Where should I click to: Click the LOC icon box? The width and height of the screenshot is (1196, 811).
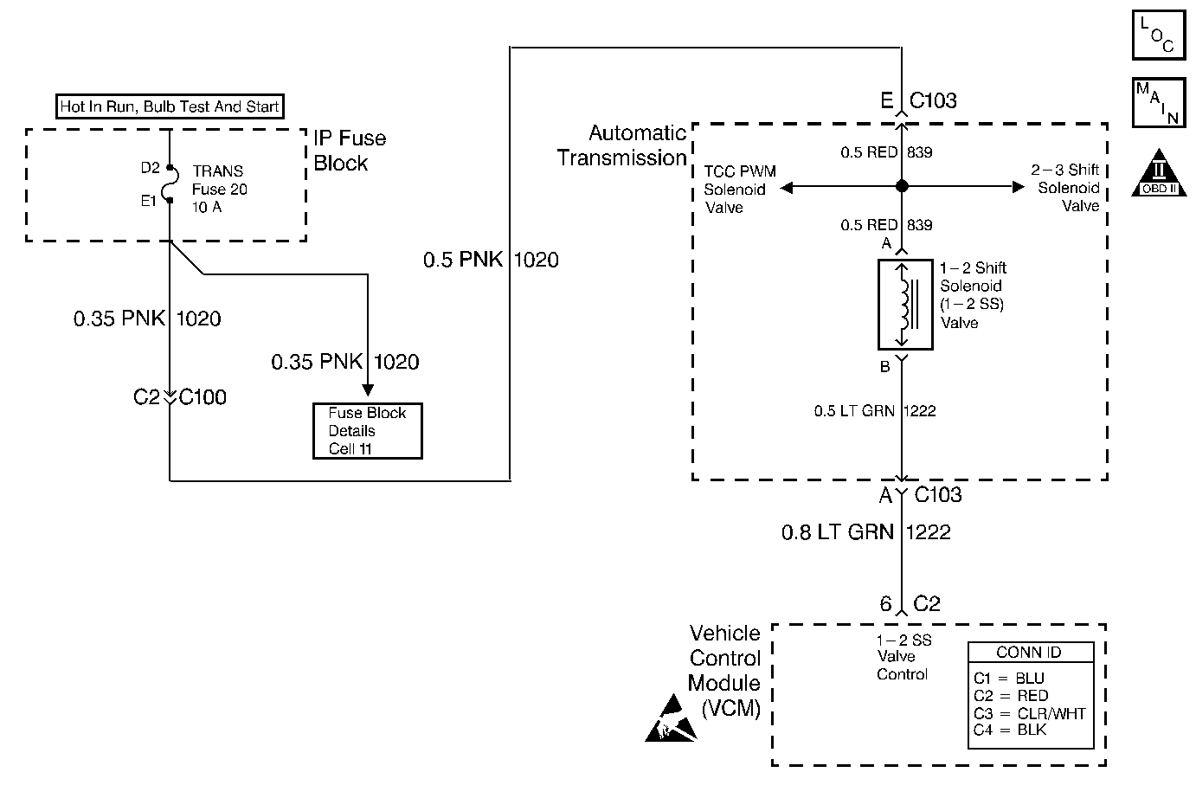(1159, 35)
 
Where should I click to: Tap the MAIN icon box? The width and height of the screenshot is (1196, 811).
(1159, 102)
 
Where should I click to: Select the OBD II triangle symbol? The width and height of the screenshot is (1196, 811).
(1159, 173)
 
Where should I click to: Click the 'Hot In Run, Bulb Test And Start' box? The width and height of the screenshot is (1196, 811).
(170, 106)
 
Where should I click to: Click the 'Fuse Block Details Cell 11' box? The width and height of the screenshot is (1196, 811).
(367, 431)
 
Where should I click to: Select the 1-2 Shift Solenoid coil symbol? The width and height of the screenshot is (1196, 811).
(905, 305)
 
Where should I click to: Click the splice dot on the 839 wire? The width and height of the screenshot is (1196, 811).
(902, 186)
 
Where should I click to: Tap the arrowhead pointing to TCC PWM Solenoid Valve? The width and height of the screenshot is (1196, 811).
(787, 188)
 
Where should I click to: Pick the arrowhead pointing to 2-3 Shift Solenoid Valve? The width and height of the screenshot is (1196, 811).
(1019, 187)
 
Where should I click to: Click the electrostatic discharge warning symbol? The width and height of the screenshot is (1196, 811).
(672, 718)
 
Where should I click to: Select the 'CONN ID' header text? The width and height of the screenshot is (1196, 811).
(1028, 653)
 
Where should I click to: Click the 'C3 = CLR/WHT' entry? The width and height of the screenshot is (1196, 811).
(1030, 713)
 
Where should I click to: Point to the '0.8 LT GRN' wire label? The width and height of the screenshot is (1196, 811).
(837, 532)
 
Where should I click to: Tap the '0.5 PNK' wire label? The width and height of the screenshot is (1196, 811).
(462, 260)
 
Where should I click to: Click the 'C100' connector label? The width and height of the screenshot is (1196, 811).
(203, 397)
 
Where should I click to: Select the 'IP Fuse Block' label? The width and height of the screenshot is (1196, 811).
(349, 150)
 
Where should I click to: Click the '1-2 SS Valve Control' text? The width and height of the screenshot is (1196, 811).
(903, 657)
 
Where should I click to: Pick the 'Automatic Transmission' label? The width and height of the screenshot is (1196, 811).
(622, 145)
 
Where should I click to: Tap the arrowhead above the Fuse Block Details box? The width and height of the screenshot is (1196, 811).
(368, 389)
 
